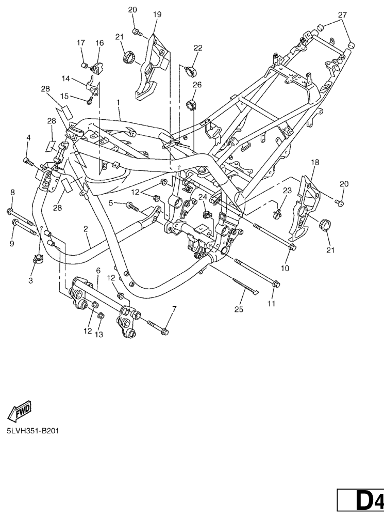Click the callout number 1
click(119, 103)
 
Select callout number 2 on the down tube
click(86, 229)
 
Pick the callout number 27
click(342, 14)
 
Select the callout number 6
click(97, 270)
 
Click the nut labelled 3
click(37, 260)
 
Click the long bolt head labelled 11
click(276, 284)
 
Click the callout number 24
click(202, 196)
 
